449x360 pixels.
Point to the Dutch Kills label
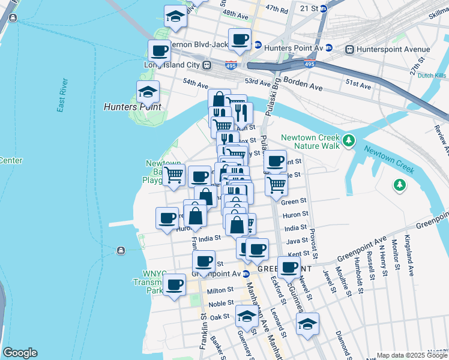[x=432, y=76]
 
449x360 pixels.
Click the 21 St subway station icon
[x=323, y=8]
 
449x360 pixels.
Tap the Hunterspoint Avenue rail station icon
[x=349, y=49]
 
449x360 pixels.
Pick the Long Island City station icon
[x=206, y=65]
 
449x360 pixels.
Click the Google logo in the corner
[x=20, y=353]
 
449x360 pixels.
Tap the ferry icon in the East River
[x=121, y=250]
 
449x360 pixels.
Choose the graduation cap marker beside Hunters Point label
[x=148, y=92]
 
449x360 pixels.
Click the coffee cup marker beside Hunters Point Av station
[x=240, y=40]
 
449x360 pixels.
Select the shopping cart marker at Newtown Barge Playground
[x=173, y=176]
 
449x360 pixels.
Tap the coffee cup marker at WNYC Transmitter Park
[x=175, y=284]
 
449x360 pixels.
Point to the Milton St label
[x=220, y=290]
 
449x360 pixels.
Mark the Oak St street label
[x=220, y=316]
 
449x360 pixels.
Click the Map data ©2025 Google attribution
[x=412, y=355]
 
